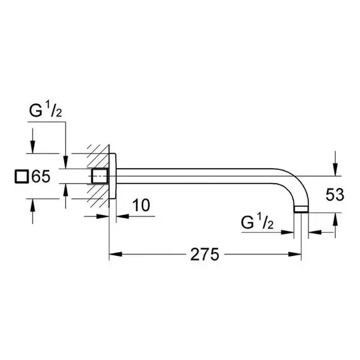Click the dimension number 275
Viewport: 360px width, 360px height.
point(205,254)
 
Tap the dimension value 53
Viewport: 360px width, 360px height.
point(335,194)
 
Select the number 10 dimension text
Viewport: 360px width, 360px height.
point(141,205)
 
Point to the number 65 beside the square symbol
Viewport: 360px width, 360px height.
point(41,176)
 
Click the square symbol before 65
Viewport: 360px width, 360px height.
point(22,176)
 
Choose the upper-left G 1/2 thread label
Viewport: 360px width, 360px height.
point(46,110)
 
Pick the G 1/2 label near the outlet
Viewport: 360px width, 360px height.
point(257,222)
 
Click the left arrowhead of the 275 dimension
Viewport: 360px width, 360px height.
point(115,254)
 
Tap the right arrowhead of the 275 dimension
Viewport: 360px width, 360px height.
point(295,254)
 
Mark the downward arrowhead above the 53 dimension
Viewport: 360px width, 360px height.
point(335,170)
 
